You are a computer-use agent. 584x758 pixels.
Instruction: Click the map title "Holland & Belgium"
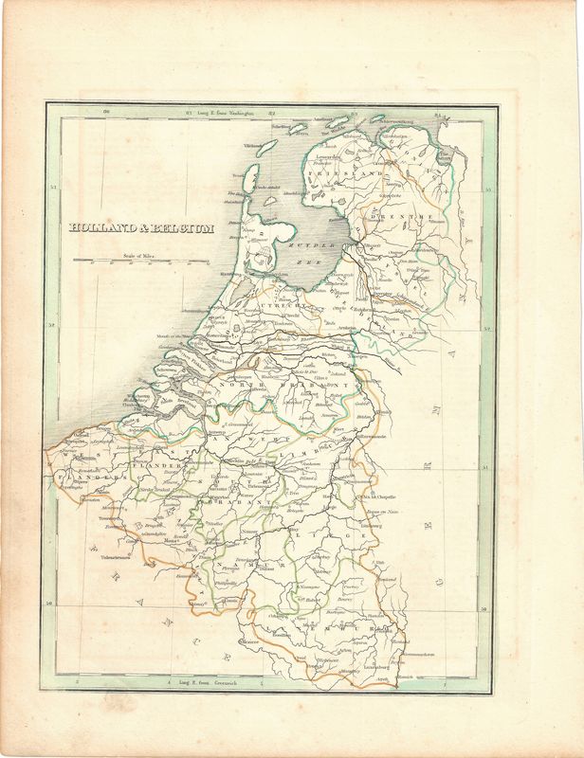tap(141, 228)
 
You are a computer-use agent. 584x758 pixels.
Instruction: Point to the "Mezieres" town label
tap(248, 642)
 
